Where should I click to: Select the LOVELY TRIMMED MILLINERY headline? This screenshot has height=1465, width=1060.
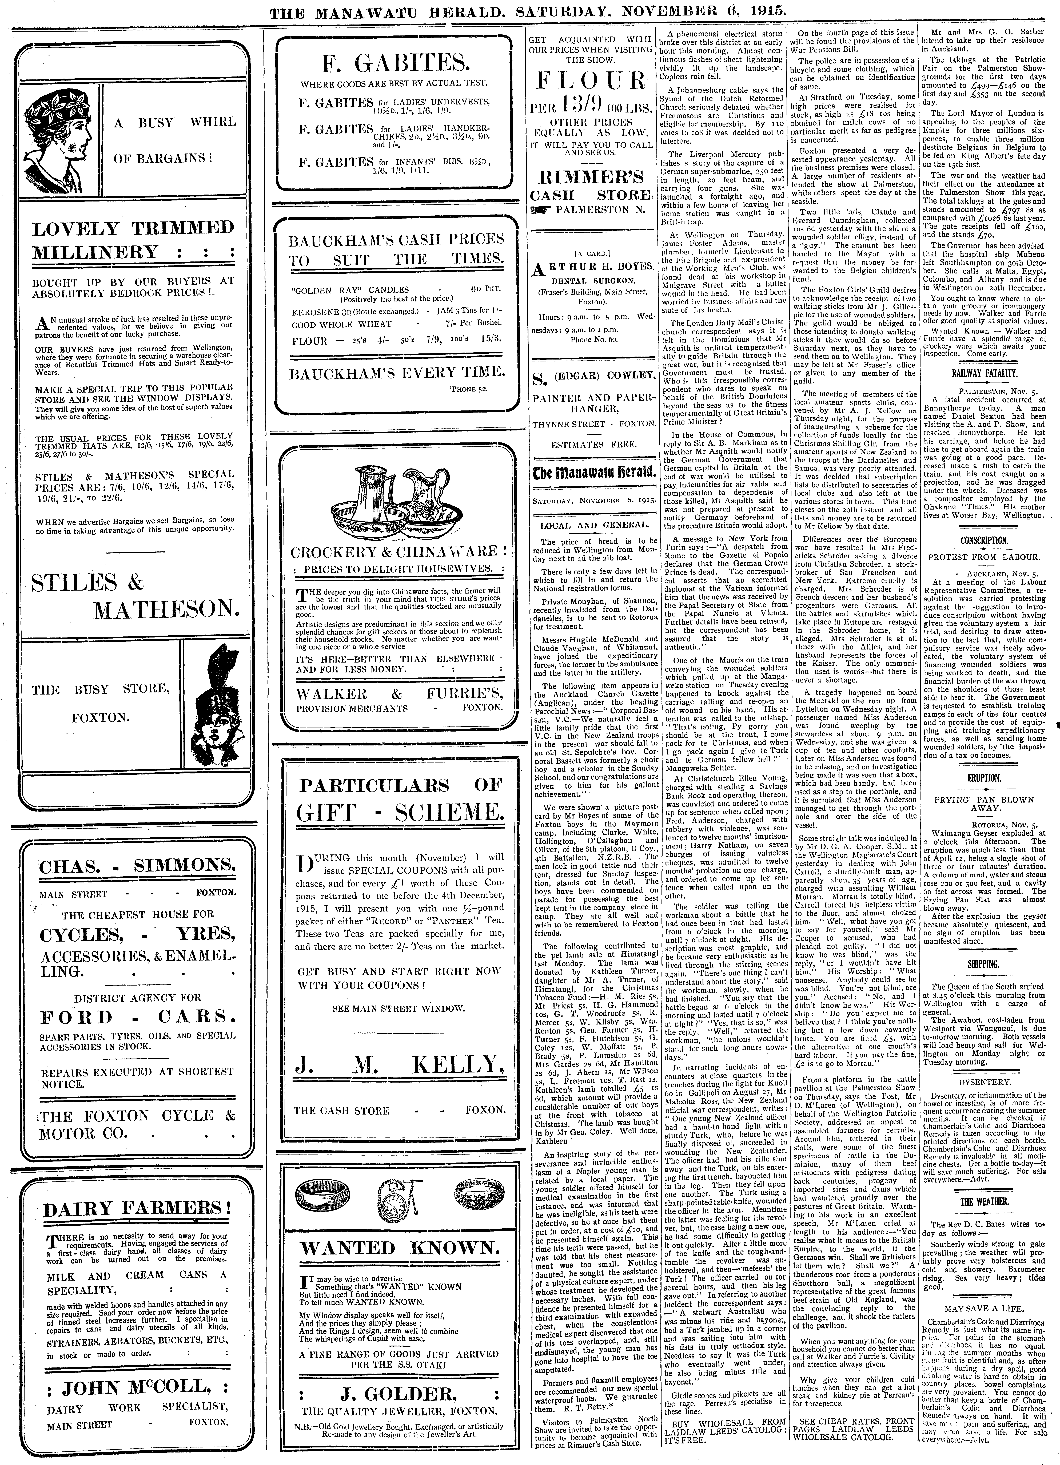click(133, 239)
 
